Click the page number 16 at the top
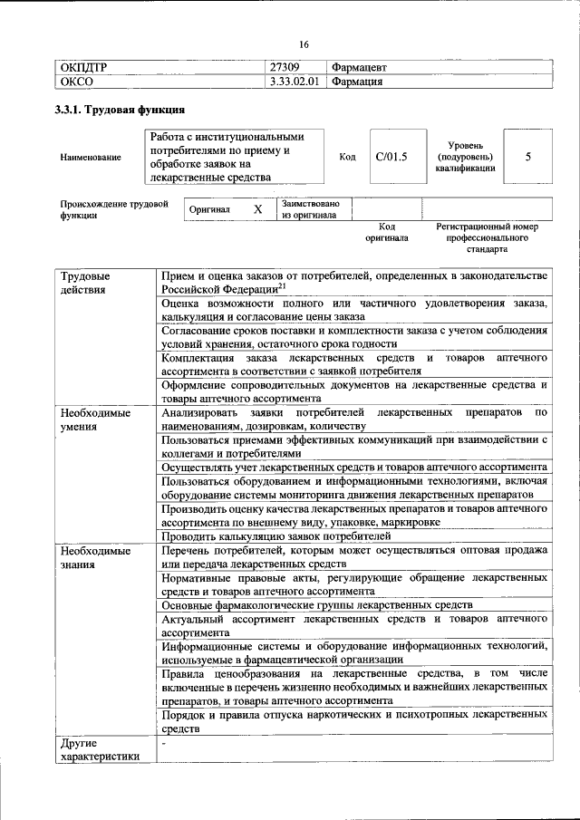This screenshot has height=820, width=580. (x=303, y=45)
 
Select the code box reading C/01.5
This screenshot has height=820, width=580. (x=391, y=157)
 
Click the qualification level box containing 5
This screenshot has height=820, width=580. (x=527, y=157)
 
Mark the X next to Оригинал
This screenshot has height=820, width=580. (x=257, y=209)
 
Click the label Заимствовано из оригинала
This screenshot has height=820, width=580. (x=310, y=209)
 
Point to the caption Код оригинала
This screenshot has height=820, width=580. (x=387, y=232)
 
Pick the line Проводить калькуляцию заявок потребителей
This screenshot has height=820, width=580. (x=269, y=536)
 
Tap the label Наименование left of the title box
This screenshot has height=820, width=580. (x=91, y=158)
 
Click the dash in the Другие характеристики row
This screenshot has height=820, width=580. (x=163, y=743)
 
